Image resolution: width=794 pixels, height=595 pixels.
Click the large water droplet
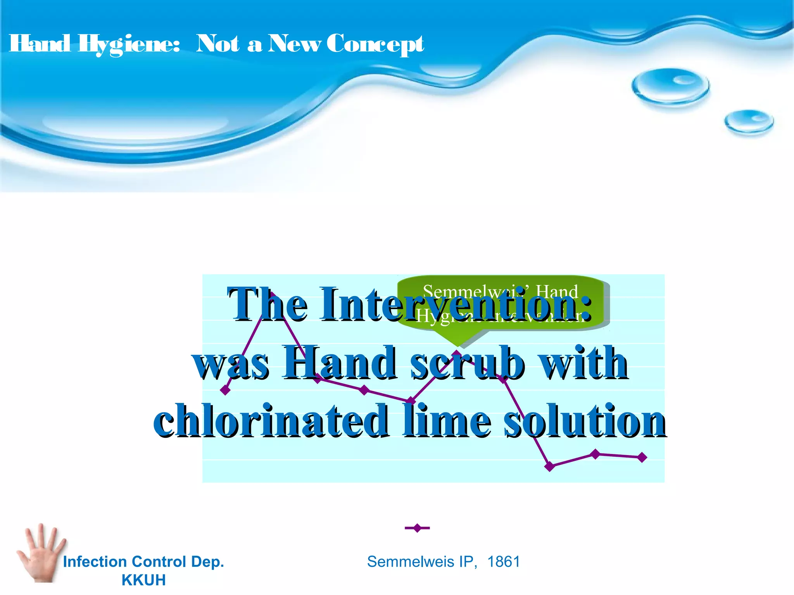point(670,86)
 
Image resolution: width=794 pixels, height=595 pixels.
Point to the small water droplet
point(749,122)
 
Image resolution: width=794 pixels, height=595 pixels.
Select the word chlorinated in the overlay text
point(271,421)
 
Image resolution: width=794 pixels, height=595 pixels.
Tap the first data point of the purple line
point(225,390)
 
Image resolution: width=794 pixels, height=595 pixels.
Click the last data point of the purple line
point(642,457)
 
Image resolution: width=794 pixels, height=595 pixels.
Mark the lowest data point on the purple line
point(549,466)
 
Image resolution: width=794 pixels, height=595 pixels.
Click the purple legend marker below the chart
point(417,528)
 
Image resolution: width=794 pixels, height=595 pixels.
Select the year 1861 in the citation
point(503,562)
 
